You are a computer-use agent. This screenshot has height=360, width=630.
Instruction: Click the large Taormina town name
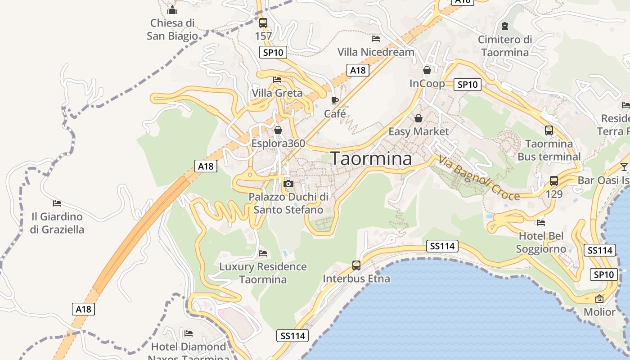pyautogui.click(x=371, y=158)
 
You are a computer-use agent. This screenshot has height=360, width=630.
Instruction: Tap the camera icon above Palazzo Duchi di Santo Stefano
pyautogui.click(x=288, y=184)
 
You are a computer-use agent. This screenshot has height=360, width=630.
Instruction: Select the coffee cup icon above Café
pyautogui.click(x=334, y=100)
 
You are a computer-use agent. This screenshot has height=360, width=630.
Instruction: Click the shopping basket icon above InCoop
pyautogui.click(x=427, y=70)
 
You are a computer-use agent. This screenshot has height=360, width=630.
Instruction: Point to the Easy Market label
pyautogui.click(x=418, y=131)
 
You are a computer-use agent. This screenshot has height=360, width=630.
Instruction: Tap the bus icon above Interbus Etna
pyautogui.click(x=356, y=265)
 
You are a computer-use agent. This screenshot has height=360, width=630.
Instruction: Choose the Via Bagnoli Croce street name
pyautogui.click(x=479, y=178)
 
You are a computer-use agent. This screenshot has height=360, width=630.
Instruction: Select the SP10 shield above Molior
pyautogui.click(x=603, y=274)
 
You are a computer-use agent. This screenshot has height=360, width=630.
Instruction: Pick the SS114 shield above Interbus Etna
pyautogui.click(x=442, y=246)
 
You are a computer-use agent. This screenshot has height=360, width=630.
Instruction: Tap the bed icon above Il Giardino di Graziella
pyautogui.click(x=57, y=203)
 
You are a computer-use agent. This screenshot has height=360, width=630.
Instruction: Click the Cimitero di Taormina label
pyautogui.click(x=505, y=46)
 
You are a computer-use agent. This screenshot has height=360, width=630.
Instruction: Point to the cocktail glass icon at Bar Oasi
pyautogui.click(x=624, y=167)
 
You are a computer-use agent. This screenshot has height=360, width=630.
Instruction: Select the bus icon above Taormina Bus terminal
pyautogui.click(x=549, y=130)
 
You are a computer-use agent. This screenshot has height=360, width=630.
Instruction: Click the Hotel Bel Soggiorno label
pyautogui.click(x=541, y=243)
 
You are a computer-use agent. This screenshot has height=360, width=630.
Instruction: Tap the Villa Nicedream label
pyautogui.click(x=376, y=52)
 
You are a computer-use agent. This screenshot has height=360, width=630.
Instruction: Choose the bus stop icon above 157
pyautogui.click(x=263, y=22)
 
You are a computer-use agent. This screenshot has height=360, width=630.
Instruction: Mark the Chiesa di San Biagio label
pyautogui.click(x=172, y=29)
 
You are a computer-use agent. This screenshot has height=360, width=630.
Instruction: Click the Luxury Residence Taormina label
pyautogui.click(x=263, y=273)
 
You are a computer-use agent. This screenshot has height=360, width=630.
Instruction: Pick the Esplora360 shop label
pyautogui.click(x=278, y=144)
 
